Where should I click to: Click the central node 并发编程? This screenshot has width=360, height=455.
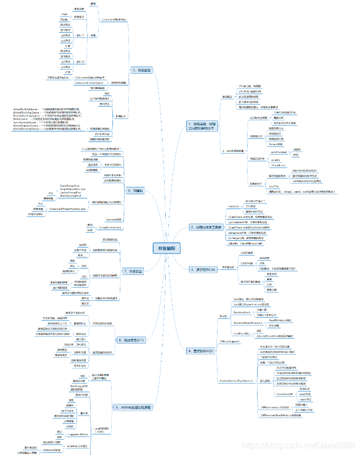(166, 248)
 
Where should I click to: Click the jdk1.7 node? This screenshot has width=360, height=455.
(81, 35)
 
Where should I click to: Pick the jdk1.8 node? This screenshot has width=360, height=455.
(81, 61)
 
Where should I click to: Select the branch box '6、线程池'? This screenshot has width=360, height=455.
(136, 190)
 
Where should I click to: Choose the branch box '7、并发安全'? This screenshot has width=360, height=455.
(134, 271)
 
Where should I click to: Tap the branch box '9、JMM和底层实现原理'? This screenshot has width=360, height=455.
(133, 407)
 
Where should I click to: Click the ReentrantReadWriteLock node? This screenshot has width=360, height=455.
(250, 321)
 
